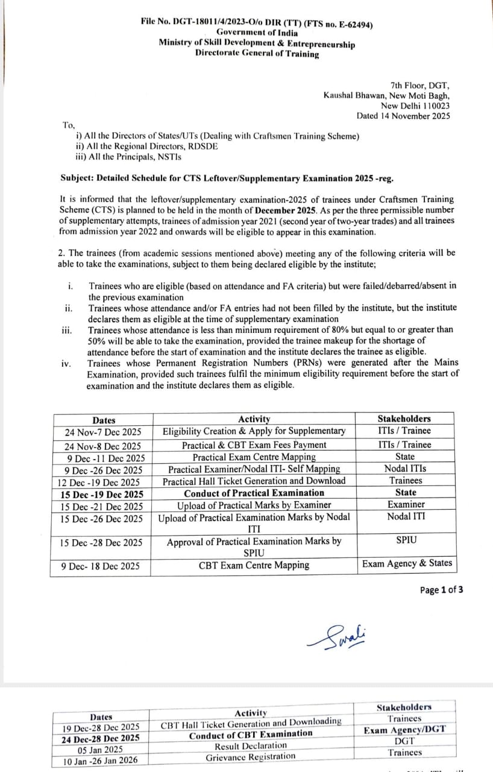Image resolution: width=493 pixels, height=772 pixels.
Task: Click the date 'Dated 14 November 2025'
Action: (403, 116)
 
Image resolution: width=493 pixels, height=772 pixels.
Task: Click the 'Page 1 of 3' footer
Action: (441, 590)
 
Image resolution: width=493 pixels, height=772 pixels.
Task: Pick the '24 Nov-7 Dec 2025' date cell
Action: (103, 432)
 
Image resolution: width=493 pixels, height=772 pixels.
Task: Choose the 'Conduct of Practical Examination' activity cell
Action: (254, 493)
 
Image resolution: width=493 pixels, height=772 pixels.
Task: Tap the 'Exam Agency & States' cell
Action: (406, 563)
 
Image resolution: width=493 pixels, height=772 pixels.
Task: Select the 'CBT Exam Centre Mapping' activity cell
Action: (254, 565)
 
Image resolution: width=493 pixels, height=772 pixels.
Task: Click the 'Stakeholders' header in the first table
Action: (404, 419)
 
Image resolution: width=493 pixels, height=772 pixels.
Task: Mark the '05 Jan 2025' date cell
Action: (101, 750)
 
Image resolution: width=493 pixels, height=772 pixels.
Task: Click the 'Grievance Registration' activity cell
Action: (251, 756)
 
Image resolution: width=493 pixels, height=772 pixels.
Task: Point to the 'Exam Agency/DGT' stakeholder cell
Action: (405, 729)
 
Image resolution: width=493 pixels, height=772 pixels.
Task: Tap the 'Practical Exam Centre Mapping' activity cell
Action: (254, 457)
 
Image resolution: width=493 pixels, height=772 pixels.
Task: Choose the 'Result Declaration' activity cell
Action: (251, 745)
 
